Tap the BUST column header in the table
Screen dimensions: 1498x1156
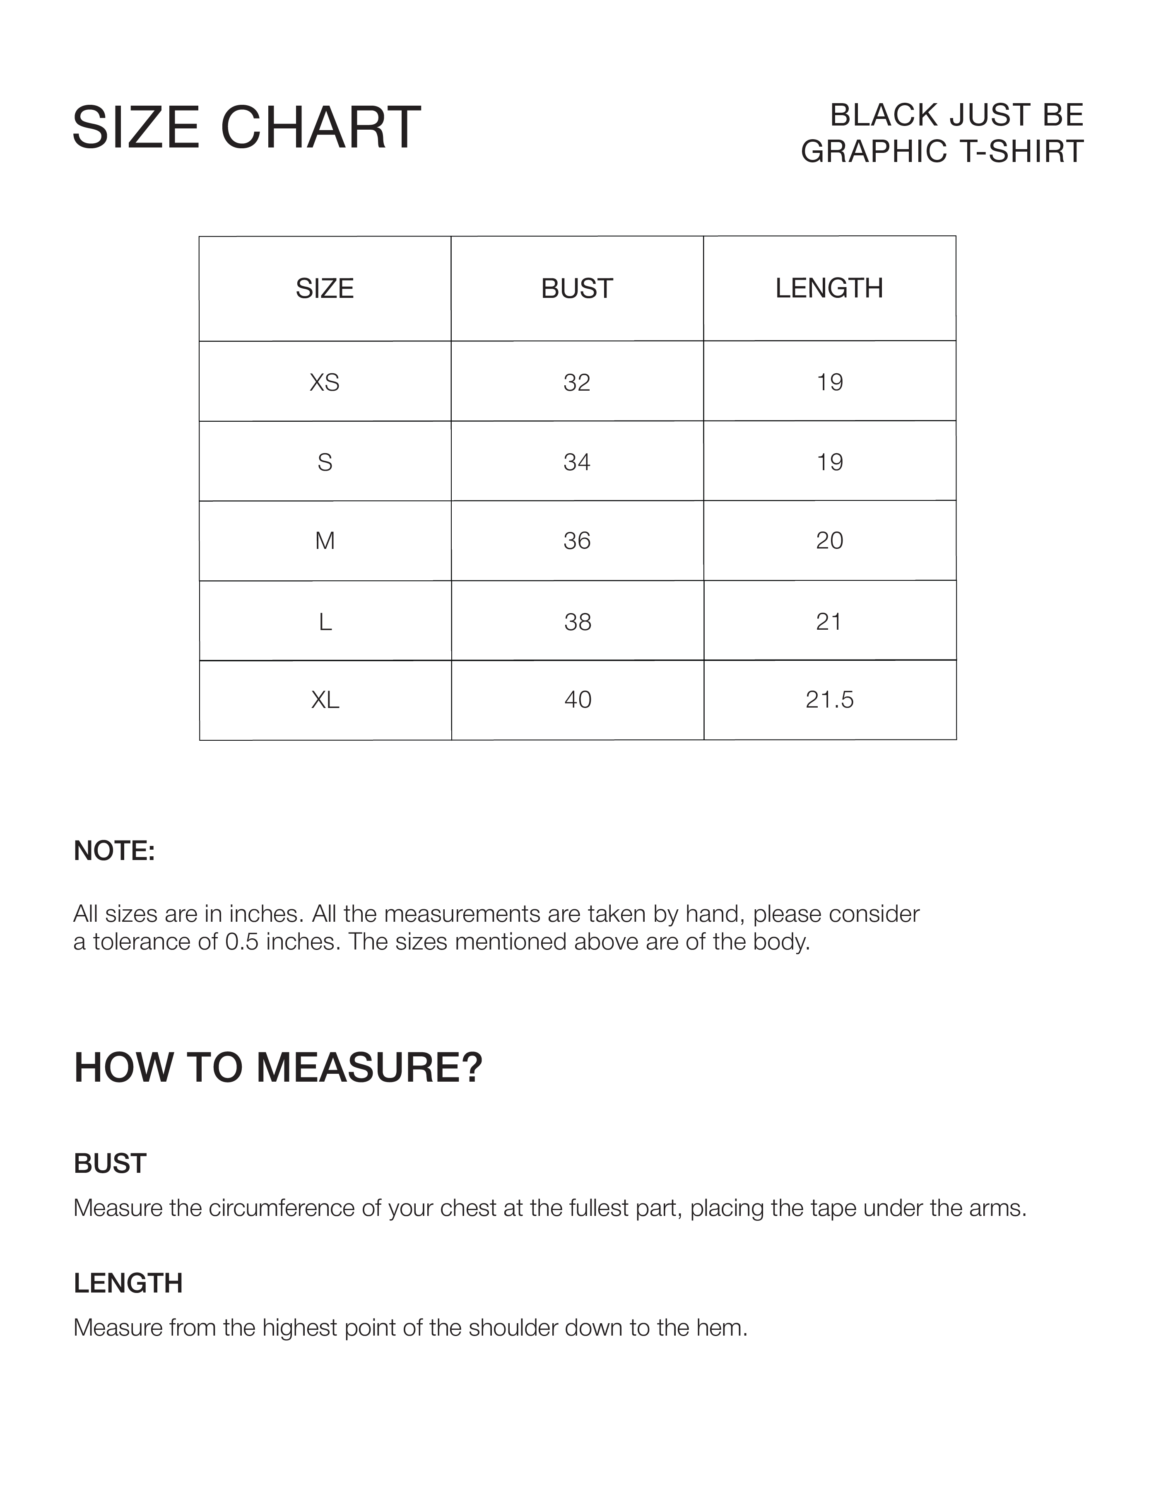577,289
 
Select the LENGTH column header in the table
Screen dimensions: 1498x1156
829,289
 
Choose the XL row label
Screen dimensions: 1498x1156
325,700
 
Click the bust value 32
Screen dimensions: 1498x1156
577,382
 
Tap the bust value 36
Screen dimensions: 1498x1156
577,541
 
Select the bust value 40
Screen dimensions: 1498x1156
577,700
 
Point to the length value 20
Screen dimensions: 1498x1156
829,541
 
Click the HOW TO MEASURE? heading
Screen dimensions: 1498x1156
278,1068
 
